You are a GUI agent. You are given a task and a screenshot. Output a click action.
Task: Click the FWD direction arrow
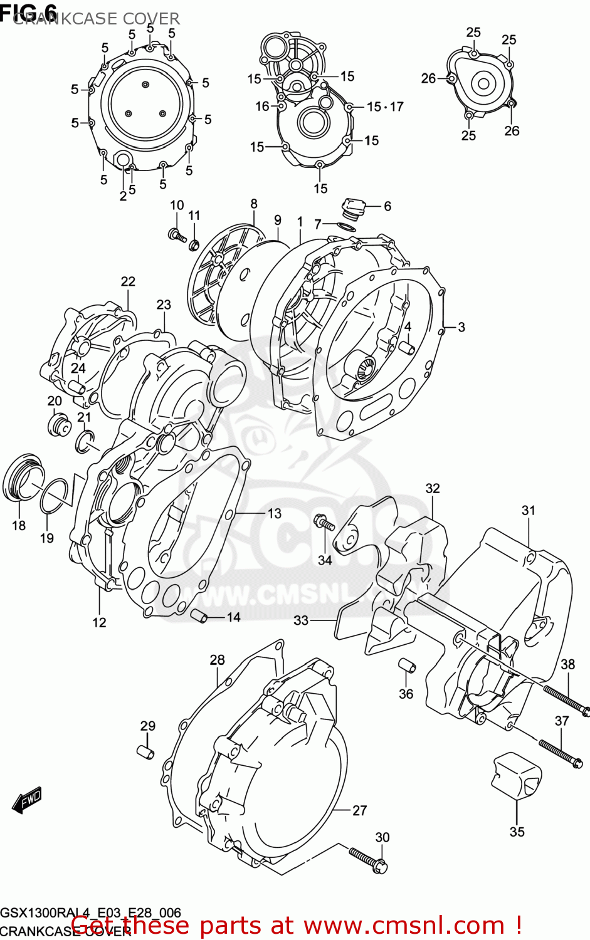point(26,800)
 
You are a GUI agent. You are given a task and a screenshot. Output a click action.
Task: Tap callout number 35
point(517,832)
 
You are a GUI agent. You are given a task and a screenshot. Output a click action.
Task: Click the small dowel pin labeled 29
point(145,751)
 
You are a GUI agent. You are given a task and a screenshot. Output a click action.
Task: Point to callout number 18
point(19,525)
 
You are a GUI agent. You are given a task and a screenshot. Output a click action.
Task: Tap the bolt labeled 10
point(177,235)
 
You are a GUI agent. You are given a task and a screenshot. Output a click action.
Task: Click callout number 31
point(529,510)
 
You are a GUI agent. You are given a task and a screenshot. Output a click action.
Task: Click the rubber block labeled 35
point(516,776)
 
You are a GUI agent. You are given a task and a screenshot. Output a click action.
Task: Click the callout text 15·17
point(385,107)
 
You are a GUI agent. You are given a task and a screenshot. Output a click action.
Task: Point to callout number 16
point(262,107)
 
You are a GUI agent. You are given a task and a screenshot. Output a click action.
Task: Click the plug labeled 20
point(58,424)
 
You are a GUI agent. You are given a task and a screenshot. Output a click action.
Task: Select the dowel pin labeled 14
point(200,615)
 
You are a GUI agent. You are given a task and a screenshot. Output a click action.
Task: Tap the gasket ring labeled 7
point(344,226)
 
